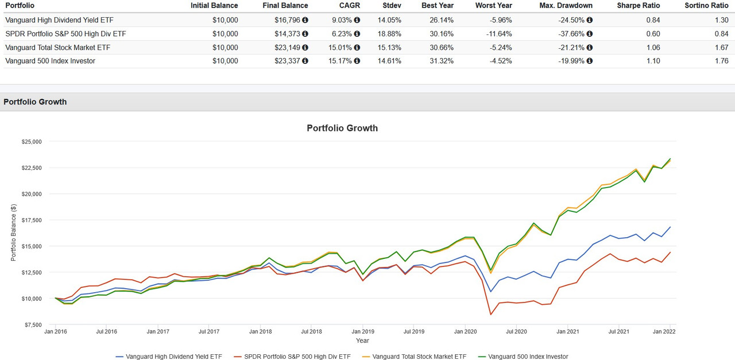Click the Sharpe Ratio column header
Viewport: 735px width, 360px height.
pos(639,5)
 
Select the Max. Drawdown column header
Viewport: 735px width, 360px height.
pos(566,5)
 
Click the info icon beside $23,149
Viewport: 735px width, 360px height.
pos(305,48)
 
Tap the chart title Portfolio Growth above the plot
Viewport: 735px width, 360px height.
pos(342,128)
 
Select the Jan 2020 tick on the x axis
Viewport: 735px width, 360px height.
pos(465,331)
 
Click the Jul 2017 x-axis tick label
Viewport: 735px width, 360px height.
pos(209,331)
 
